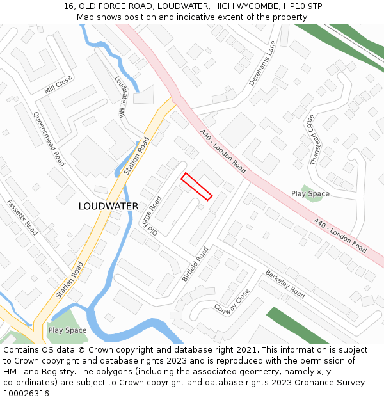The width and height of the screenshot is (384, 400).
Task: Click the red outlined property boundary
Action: point(196,186)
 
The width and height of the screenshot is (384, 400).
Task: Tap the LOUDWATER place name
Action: point(108,206)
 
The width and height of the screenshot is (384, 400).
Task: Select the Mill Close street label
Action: point(58,86)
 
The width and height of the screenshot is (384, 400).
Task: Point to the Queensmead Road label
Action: point(49,139)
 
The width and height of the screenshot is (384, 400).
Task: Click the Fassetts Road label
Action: point(22,217)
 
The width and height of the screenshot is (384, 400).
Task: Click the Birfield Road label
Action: point(195,264)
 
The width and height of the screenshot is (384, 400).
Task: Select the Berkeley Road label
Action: point(285,284)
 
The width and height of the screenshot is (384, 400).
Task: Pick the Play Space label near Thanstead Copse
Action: point(310,194)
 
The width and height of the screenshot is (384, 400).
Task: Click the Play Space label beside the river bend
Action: point(67,330)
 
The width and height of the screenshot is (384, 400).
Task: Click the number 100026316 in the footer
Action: point(27,393)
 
